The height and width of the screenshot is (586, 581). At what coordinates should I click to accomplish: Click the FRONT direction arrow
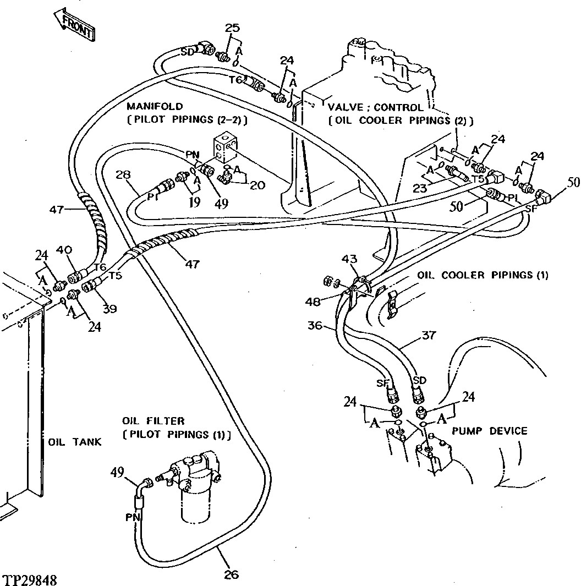tap(75, 25)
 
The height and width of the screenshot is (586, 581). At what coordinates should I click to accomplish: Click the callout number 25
tap(233, 28)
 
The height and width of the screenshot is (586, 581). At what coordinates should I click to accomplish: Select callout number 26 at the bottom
tap(232, 574)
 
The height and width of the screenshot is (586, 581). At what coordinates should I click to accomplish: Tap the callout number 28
tap(123, 175)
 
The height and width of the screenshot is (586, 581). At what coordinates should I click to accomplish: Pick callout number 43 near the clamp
tap(350, 258)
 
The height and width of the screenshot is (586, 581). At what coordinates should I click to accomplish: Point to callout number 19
tap(194, 201)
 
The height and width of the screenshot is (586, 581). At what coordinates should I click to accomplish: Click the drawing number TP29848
tap(30, 580)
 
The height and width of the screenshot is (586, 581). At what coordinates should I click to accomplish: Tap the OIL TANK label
tap(74, 442)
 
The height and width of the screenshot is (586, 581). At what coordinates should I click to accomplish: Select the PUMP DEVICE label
tap(489, 431)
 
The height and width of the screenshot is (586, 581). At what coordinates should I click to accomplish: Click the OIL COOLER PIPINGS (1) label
tap(482, 275)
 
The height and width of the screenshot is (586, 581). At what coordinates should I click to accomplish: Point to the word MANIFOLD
tap(155, 106)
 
